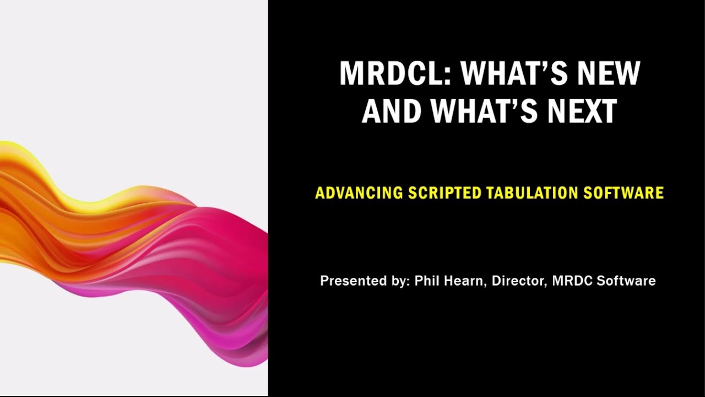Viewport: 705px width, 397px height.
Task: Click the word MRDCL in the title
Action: (391, 73)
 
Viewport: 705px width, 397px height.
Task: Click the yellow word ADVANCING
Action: (359, 193)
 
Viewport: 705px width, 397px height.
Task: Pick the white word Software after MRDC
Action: (626, 281)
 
